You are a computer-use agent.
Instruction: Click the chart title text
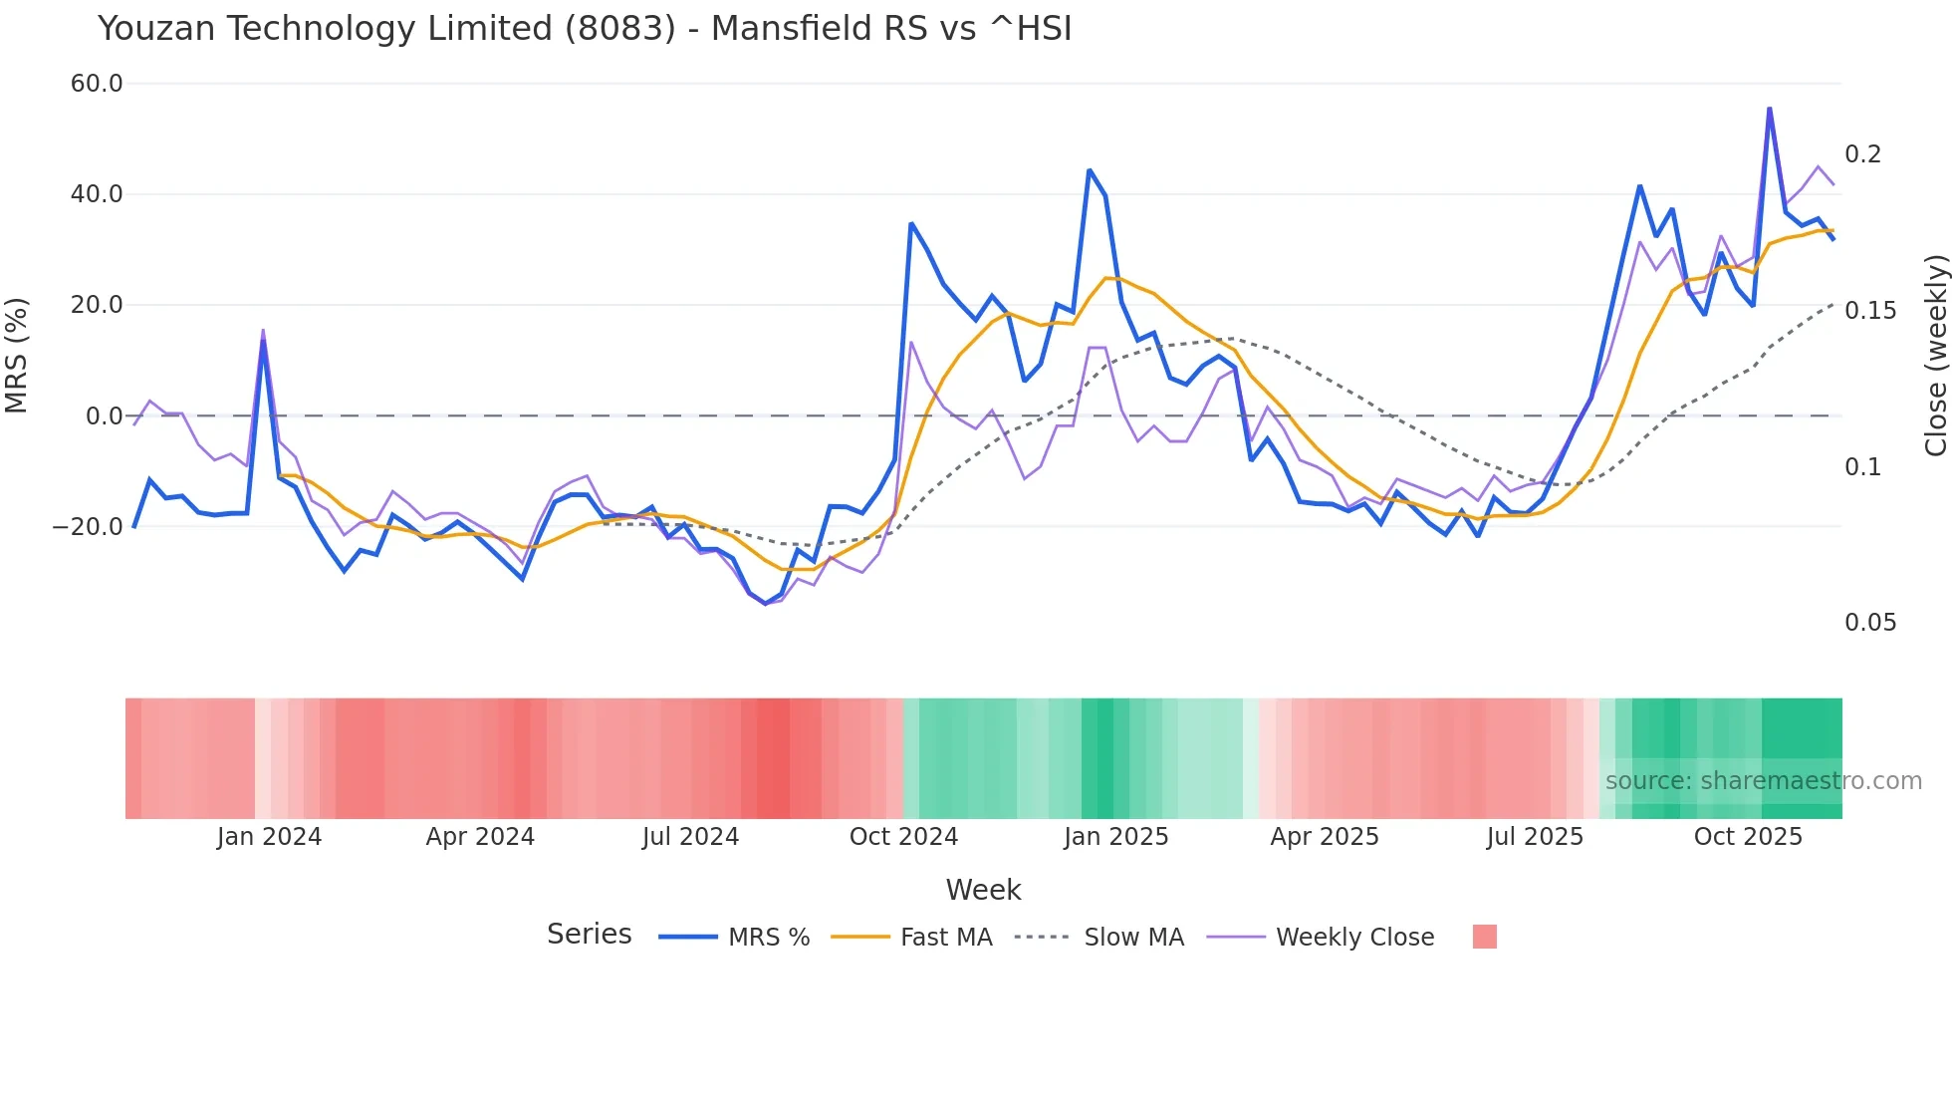click(x=585, y=29)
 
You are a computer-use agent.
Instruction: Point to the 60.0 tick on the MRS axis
click(x=97, y=84)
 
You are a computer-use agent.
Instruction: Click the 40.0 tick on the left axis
click(x=97, y=194)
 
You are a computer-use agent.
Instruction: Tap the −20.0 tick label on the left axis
click(x=88, y=527)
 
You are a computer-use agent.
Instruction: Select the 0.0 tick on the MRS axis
click(x=105, y=416)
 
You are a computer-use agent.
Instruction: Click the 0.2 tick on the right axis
click(x=1862, y=154)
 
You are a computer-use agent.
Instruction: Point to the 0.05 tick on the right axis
click(x=1870, y=623)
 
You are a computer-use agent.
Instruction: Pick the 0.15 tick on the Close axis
click(x=1870, y=311)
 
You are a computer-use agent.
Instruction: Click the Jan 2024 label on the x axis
click(x=269, y=837)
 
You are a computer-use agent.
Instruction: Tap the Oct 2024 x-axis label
click(x=903, y=837)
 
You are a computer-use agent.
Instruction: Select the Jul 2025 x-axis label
click(x=1535, y=837)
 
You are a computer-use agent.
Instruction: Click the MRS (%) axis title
click(x=17, y=355)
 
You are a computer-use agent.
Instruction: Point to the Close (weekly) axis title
click(x=1935, y=355)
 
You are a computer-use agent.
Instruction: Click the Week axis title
click(x=983, y=890)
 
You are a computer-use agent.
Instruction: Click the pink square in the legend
click(x=1484, y=937)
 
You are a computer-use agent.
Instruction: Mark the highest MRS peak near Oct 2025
click(x=1769, y=109)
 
